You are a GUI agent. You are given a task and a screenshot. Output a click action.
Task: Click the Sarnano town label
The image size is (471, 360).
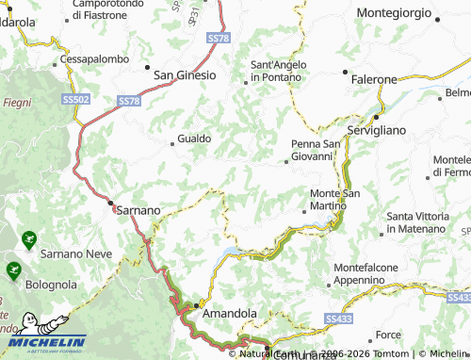138,209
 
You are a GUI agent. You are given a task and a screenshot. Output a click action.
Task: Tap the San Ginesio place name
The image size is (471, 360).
185,74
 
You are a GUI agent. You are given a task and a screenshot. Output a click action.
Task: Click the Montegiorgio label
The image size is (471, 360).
395,14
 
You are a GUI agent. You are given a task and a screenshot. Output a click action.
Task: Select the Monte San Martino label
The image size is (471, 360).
334,200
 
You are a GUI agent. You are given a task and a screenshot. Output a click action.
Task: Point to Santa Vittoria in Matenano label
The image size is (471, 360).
415,222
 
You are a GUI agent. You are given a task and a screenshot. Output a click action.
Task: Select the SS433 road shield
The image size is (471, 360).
337,320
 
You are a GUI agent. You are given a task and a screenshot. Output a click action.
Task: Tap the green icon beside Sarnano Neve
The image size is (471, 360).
29,239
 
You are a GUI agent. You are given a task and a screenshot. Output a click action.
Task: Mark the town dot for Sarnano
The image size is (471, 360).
110,203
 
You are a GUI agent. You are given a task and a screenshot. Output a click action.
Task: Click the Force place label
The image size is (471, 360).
388,335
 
